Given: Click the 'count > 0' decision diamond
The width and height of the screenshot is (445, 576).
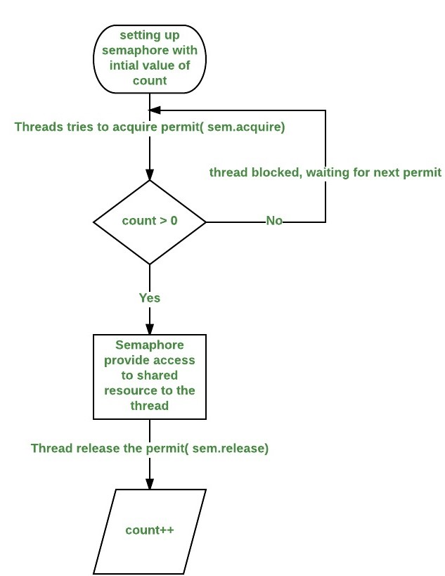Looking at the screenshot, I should coord(150,222).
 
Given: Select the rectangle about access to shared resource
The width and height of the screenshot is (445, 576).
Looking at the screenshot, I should coord(150,376).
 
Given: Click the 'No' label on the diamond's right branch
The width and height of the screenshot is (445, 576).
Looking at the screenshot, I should coord(274,221).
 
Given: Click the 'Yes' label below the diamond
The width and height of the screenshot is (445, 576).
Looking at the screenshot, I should coord(149,297).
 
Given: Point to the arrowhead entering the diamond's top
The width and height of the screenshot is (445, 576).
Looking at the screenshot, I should coord(150,175).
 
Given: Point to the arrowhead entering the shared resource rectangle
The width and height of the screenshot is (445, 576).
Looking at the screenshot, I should coord(150,329).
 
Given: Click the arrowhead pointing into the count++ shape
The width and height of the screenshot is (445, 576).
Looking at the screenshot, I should coord(150,484).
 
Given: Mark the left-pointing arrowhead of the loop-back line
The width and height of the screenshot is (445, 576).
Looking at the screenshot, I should coord(155,110).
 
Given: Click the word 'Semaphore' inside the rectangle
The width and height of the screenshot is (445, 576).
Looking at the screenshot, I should coord(150,346).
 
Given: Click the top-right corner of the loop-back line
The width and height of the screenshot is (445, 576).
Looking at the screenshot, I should coord(325,110).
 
